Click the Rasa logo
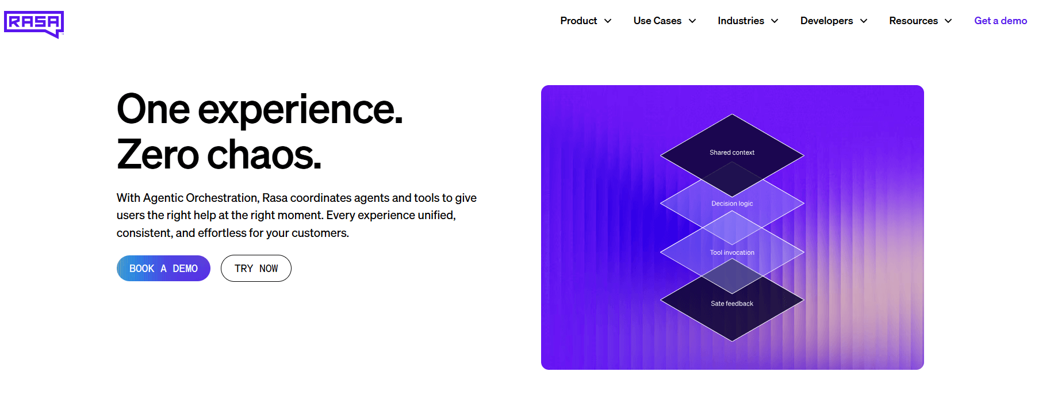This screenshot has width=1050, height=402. click(x=34, y=24)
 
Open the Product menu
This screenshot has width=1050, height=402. click(x=578, y=21)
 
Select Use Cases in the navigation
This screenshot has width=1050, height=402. click(x=657, y=21)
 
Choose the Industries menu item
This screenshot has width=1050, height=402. click(x=741, y=21)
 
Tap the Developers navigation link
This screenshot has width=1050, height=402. click(x=826, y=21)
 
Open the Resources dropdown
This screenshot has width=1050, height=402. click(x=913, y=21)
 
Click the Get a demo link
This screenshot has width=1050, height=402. click(x=1000, y=21)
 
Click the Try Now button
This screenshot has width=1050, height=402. click(x=256, y=269)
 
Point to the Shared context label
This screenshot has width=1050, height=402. click(x=731, y=152)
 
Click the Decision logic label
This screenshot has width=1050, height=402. click(x=731, y=204)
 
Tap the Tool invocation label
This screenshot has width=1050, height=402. click(x=731, y=252)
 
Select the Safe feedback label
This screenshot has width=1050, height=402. click(x=731, y=304)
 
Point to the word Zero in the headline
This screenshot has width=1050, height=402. click(x=158, y=155)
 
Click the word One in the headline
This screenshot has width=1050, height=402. click(x=153, y=109)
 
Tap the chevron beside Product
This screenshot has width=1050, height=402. click(x=608, y=21)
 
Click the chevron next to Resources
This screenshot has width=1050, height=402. click(x=948, y=21)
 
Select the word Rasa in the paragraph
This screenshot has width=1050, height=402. click(x=275, y=198)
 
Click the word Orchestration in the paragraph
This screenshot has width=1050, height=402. click(x=223, y=198)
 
